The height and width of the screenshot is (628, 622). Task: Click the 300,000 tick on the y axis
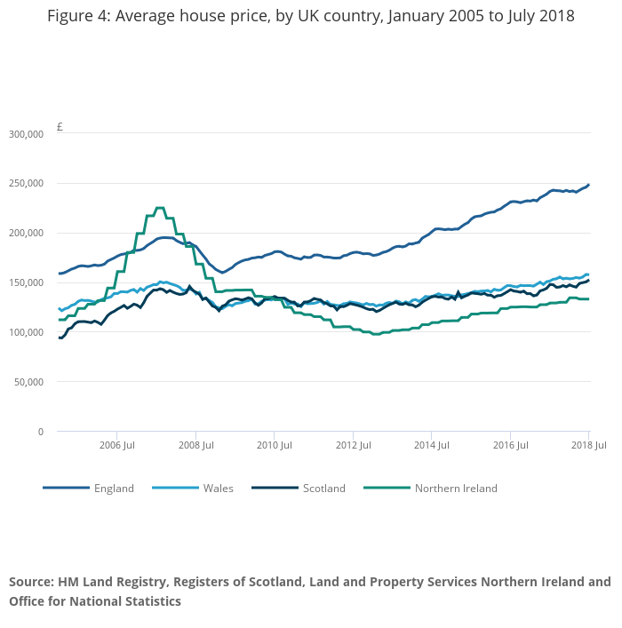26,134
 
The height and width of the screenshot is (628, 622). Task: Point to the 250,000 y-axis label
26,184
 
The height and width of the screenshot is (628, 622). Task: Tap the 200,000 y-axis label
26,234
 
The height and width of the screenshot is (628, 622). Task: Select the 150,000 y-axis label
26,283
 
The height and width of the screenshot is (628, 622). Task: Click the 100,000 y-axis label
26,333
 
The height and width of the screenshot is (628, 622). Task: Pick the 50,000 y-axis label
28,383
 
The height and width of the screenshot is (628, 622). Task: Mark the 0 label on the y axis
40,433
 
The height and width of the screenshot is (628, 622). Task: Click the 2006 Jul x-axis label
116,445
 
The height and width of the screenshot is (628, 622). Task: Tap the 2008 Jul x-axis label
195,445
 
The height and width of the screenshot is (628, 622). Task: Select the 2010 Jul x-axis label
274,445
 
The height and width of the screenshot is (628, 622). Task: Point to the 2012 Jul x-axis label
353,445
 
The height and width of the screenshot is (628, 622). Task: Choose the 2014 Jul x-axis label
431,445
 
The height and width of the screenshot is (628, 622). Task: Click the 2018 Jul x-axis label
587,445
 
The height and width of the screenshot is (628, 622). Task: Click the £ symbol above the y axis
60,127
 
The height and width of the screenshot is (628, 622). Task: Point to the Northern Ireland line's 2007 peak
159,209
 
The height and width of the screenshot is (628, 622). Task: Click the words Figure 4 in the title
78,16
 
